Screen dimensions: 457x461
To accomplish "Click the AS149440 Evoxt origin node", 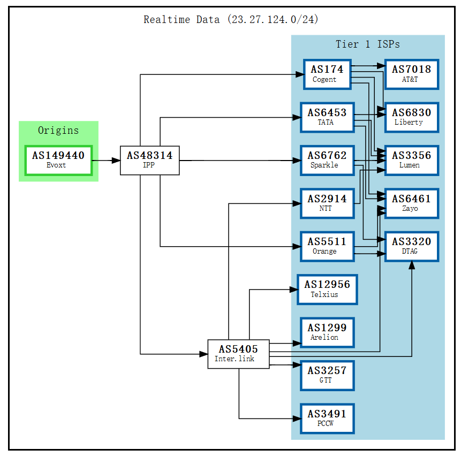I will pyautogui.click(x=58, y=160).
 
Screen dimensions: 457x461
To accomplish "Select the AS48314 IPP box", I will pyautogui.click(x=149, y=160).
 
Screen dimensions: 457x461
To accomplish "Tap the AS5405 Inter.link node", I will pyautogui.click(x=238, y=354).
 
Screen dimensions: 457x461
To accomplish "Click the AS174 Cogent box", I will pyautogui.click(x=327, y=74).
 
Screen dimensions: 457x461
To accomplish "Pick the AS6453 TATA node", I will pyautogui.click(x=327, y=117).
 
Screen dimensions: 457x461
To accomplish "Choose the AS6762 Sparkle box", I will pyautogui.click(x=327, y=160).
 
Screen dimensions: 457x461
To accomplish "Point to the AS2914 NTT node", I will pyautogui.click(x=327, y=203).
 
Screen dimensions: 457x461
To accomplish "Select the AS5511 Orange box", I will pyautogui.click(x=327, y=246).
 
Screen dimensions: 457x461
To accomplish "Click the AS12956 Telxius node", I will pyautogui.click(x=327, y=290).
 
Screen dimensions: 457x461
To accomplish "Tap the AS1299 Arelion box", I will pyautogui.click(x=327, y=332).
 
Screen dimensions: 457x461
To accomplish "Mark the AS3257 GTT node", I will pyautogui.click(x=327, y=375).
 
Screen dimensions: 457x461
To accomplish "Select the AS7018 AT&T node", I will pyautogui.click(x=411, y=74).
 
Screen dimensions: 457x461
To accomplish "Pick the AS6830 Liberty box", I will pyautogui.click(x=411, y=117).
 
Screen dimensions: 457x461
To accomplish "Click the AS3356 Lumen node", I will pyautogui.click(x=411, y=160).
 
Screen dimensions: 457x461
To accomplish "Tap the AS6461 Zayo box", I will pyautogui.click(x=411, y=203).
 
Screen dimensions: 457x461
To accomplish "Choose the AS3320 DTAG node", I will pyautogui.click(x=411, y=246).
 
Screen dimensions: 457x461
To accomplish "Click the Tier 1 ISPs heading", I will pyautogui.click(x=367, y=44).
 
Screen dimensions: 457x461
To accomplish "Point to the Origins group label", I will pyautogui.click(x=58, y=130).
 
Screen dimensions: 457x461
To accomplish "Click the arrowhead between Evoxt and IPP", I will pyautogui.click(x=115, y=160).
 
